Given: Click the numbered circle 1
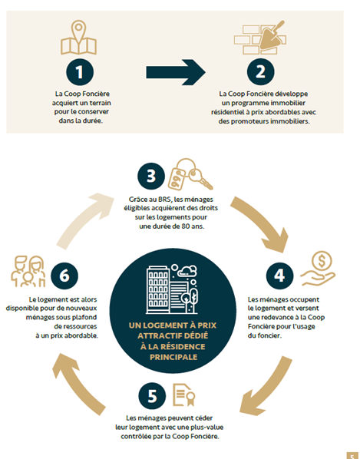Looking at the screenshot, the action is (x=80, y=72).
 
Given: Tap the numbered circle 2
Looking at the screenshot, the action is (x=260, y=72).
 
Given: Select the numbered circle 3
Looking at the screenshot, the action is (x=151, y=177).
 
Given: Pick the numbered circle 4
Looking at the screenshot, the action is (x=279, y=276).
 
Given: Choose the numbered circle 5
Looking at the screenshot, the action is (x=152, y=396).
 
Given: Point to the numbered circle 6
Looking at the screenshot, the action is (x=64, y=276).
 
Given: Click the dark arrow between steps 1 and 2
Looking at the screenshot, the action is (x=176, y=72).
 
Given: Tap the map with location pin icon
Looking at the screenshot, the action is (x=78, y=37).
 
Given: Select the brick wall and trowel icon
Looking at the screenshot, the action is (x=260, y=37).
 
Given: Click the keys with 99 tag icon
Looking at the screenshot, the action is (x=190, y=174).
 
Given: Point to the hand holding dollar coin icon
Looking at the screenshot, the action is (x=318, y=269).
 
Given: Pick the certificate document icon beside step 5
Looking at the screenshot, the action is (x=184, y=395).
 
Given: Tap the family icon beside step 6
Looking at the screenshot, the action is (x=28, y=272).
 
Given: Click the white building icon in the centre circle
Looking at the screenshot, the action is (x=171, y=289).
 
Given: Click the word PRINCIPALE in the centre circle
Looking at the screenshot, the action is (x=173, y=357).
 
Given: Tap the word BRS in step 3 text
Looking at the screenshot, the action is (x=165, y=200).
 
